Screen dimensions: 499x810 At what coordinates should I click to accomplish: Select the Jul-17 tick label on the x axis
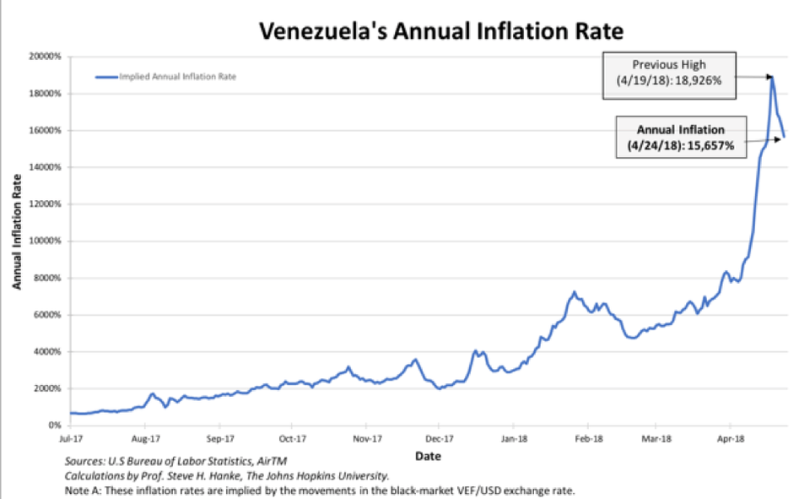(71, 439)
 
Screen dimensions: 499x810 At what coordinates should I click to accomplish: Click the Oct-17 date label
(292, 439)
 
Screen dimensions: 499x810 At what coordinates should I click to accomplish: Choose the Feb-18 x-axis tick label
(589, 439)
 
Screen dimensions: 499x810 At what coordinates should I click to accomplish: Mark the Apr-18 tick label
(730, 439)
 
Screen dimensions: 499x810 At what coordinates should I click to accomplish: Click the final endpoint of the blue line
(785, 137)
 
